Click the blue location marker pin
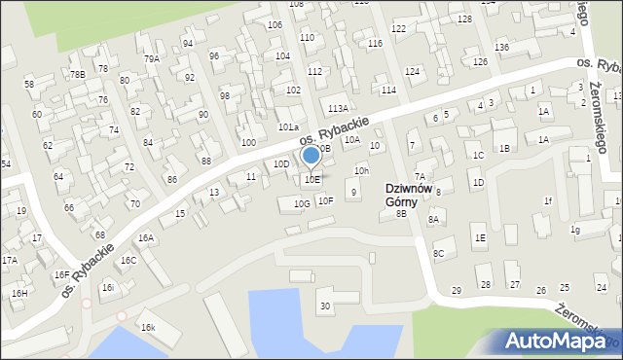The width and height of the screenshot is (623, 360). [x=311, y=156]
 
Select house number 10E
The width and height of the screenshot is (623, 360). [x=311, y=180]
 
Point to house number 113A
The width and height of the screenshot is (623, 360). [x=338, y=109]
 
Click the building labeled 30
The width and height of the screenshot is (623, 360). [x=325, y=306]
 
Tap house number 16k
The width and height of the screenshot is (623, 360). [x=147, y=328]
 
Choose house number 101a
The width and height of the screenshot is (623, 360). [x=288, y=127]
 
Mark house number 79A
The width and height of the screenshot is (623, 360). [x=152, y=59]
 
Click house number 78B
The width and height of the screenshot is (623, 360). [x=77, y=74]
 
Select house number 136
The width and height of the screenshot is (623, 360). [x=501, y=48]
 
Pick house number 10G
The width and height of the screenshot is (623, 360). [x=302, y=203]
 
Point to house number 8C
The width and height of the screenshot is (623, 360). [x=439, y=254]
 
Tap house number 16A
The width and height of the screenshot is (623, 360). [x=145, y=237]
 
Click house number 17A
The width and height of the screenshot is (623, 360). [x=9, y=261]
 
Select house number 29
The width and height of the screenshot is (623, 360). [x=457, y=291]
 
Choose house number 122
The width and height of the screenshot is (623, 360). [x=398, y=29]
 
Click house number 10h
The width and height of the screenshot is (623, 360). [x=361, y=171]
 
